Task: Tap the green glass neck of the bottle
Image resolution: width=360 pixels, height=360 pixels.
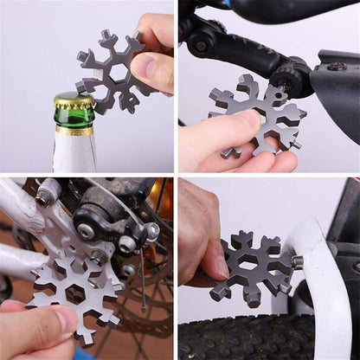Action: pos(74,116)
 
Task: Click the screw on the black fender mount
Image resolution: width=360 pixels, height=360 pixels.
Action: pos(336,66)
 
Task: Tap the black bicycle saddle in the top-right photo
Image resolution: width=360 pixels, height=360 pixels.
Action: pos(286,10)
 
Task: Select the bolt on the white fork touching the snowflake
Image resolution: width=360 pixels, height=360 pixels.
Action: pos(299,261)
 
